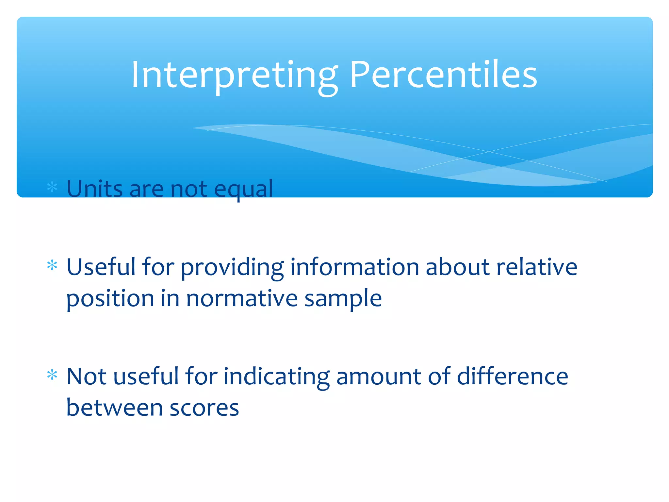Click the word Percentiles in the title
point(443,75)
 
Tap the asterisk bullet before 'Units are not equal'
point(52,187)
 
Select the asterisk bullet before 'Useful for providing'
point(52,265)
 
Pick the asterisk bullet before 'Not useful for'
point(52,375)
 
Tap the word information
point(354,267)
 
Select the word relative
point(537,267)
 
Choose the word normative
point(242,299)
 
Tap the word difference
point(512,376)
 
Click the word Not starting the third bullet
point(86,376)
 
